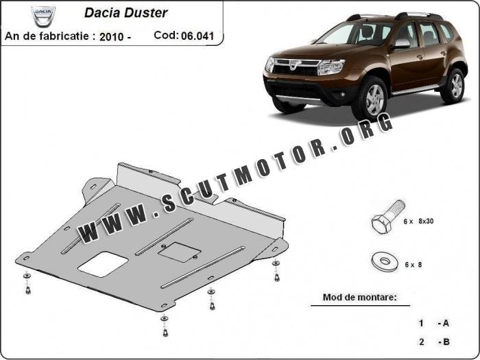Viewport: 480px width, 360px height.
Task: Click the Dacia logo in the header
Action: (43, 16)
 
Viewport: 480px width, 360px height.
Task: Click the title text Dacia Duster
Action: (125, 12)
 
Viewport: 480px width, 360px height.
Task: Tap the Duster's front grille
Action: (297, 69)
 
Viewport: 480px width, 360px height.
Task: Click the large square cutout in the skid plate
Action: (101, 263)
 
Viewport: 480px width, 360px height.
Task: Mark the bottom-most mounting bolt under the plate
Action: (165, 332)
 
